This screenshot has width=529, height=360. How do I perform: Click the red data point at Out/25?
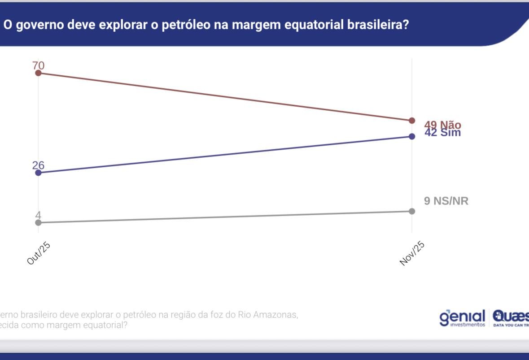(x=38, y=73)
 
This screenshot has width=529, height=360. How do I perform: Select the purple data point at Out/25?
(x=38, y=173)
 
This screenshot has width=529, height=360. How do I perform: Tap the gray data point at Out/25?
(x=38, y=222)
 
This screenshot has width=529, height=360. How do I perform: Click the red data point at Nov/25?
(x=412, y=121)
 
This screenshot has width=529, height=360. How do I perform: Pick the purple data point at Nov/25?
(x=412, y=136)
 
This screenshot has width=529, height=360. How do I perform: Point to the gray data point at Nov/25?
(x=412, y=211)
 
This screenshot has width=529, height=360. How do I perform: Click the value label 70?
(x=39, y=65)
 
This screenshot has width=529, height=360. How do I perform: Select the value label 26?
(x=39, y=165)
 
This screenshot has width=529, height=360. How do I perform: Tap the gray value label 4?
(x=38, y=215)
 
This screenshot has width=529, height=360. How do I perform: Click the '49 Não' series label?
(x=442, y=125)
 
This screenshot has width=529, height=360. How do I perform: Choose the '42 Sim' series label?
(x=442, y=133)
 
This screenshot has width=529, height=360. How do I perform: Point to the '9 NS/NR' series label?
(x=446, y=201)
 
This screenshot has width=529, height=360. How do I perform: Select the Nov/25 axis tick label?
(x=411, y=254)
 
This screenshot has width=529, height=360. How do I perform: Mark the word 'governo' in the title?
(x=38, y=25)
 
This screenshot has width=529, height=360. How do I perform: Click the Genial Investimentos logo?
(x=463, y=317)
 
